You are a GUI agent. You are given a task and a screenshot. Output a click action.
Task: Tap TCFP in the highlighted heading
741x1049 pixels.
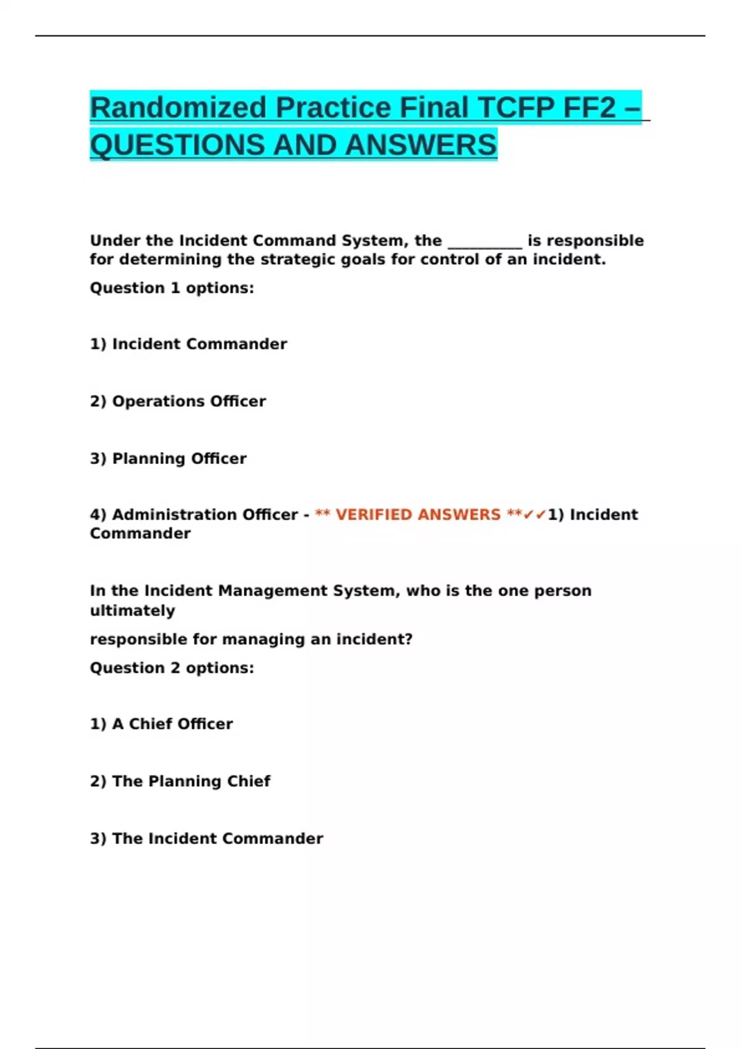(x=516, y=108)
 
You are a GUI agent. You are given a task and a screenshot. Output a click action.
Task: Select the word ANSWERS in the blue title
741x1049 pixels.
(x=421, y=146)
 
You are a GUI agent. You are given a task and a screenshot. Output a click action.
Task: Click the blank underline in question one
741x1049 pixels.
(x=485, y=241)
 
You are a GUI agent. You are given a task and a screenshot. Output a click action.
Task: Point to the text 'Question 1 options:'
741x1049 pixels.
(x=172, y=288)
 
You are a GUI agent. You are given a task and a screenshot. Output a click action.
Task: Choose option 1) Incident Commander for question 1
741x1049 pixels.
(x=188, y=344)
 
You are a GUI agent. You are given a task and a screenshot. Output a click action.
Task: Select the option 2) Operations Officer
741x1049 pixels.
(x=178, y=402)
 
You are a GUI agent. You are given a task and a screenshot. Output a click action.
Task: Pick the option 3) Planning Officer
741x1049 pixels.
(x=168, y=459)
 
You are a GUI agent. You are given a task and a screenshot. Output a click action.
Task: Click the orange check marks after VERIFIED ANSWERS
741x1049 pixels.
(x=535, y=515)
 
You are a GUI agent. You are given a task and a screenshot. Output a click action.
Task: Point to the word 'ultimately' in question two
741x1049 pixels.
(x=132, y=611)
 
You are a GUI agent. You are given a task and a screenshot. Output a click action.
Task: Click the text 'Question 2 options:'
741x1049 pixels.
(x=172, y=668)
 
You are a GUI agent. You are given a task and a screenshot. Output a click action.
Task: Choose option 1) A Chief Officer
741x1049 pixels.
(x=161, y=724)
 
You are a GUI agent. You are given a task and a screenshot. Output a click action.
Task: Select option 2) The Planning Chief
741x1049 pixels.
(x=180, y=782)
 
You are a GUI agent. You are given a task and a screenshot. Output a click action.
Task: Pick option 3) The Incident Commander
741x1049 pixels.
(x=206, y=839)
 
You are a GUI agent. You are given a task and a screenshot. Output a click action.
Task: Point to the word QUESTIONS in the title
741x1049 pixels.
(x=178, y=146)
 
